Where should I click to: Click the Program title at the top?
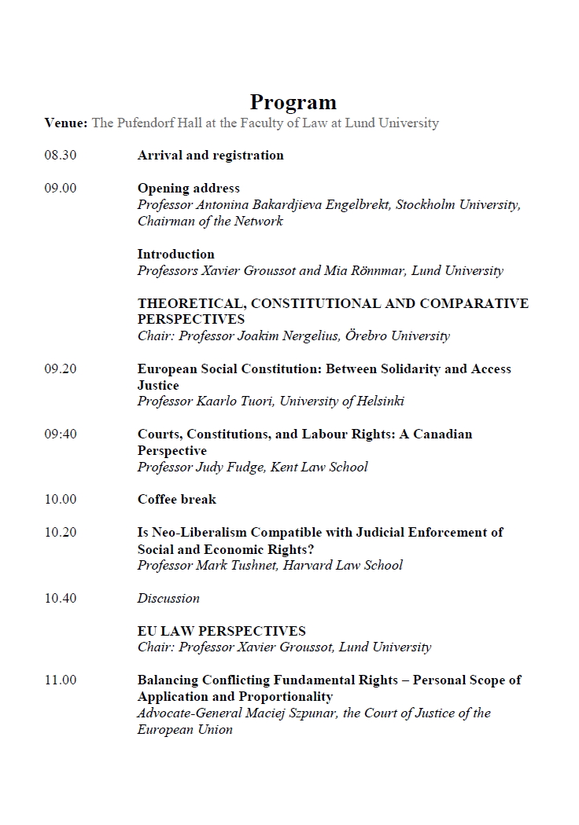coord(293,102)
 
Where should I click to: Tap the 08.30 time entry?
coord(61,156)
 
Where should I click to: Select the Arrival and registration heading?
coord(210,156)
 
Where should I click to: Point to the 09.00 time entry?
coord(61,189)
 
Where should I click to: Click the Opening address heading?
coord(189,189)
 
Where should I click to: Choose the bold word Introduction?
coord(175,254)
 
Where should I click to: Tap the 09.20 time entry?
coord(61,369)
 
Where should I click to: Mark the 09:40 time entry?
coord(61,434)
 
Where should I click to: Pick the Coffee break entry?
coord(176,500)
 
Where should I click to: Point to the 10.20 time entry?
coord(61,533)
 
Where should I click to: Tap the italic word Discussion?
coord(168,598)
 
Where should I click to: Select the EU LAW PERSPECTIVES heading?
coord(221,631)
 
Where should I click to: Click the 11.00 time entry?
coord(61,680)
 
